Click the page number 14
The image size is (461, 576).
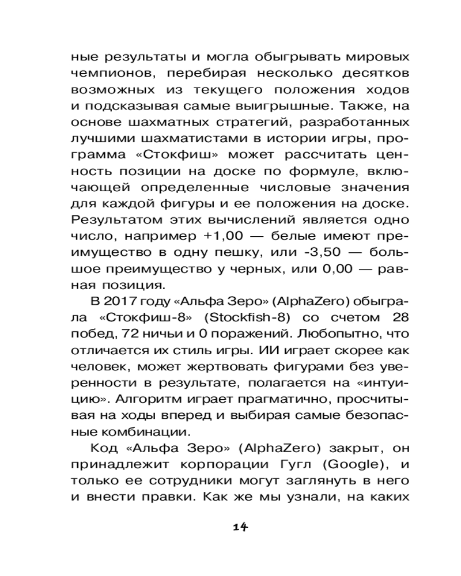240,526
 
